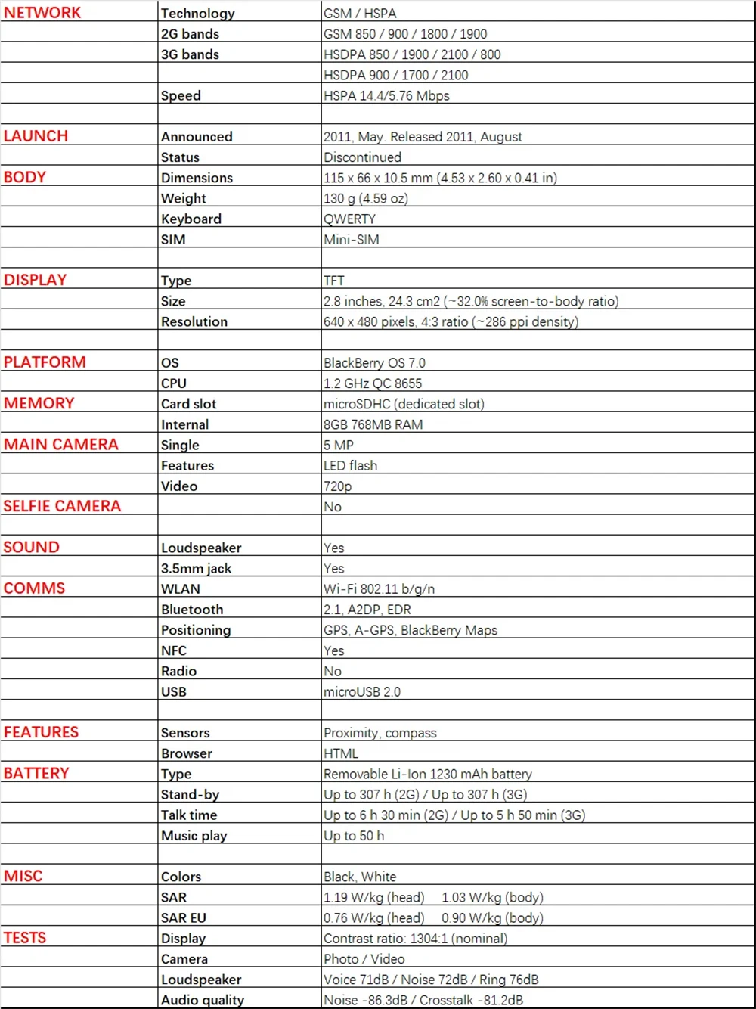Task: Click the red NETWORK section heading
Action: (42, 13)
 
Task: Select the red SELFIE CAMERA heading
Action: (62, 506)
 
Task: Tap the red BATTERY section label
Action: (36, 773)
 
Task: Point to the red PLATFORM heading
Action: (45, 362)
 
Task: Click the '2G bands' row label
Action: (190, 34)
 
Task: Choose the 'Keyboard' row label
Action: (191, 219)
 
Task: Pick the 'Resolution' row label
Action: (194, 322)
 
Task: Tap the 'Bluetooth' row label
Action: (192, 610)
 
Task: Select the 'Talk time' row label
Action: (189, 815)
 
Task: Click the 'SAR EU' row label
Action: (184, 918)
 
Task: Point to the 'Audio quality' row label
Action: (203, 1000)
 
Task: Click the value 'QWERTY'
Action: (349, 219)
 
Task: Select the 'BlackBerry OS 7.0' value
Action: (374, 363)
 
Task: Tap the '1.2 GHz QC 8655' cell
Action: (373, 383)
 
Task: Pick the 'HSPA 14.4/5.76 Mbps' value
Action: (386, 96)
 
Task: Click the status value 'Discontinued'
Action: (362, 157)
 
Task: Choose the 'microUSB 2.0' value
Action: (362, 692)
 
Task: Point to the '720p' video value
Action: (337, 486)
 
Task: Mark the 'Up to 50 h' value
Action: (354, 836)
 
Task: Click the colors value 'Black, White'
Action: (360, 877)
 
